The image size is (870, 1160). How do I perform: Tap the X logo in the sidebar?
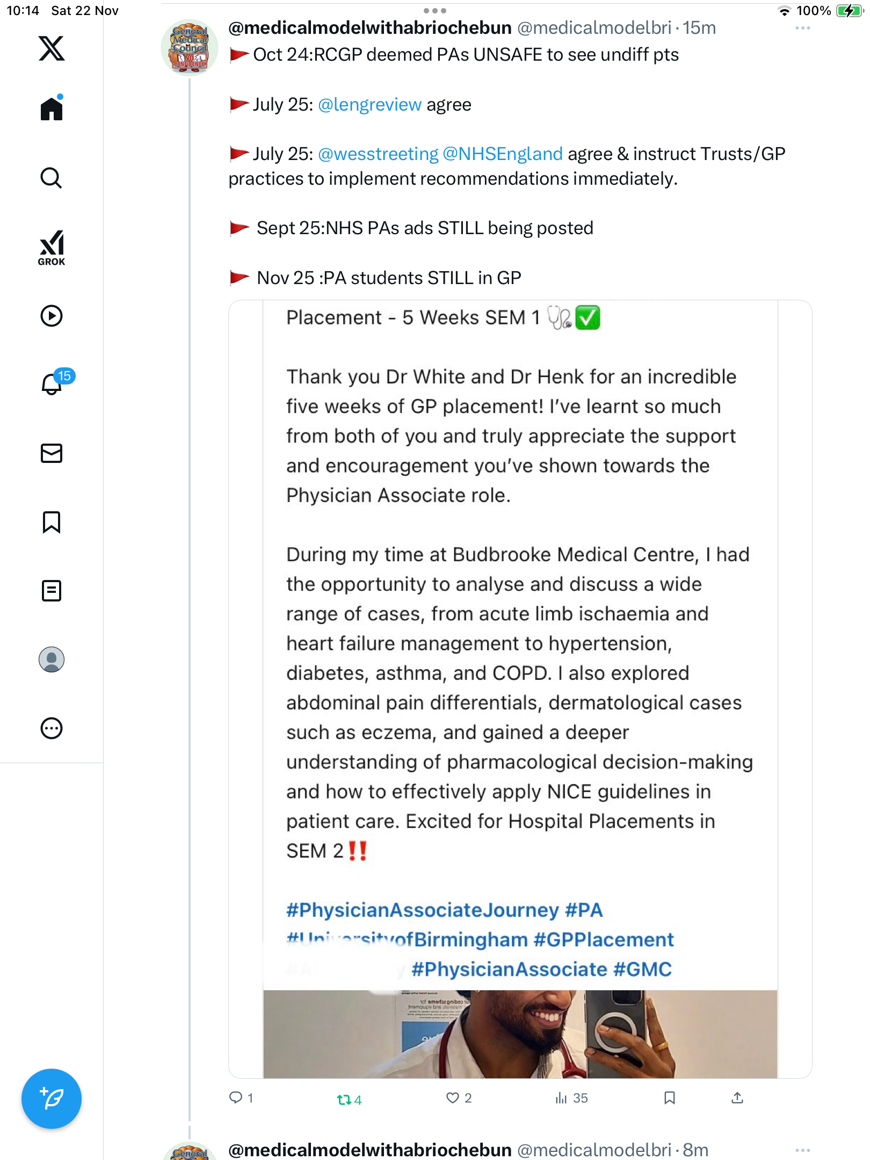(52, 48)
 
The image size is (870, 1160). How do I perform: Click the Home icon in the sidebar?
(52, 108)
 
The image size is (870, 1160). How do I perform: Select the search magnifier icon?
(52, 178)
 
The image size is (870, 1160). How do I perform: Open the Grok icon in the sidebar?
(52, 248)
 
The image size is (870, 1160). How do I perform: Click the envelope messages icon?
(52, 453)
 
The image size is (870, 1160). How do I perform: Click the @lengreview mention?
(369, 105)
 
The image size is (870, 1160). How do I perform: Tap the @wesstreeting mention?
(378, 154)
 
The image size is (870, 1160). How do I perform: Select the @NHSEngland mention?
(503, 154)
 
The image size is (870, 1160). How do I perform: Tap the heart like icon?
(453, 1098)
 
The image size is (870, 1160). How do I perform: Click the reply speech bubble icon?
(236, 1098)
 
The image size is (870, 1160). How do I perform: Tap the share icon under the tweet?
(737, 1098)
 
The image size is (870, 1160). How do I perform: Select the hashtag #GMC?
(642, 969)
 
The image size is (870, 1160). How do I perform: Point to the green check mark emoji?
(588, 317)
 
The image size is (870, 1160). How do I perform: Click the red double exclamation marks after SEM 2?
(358, 851)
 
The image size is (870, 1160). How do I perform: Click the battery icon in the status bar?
(849, 11)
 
